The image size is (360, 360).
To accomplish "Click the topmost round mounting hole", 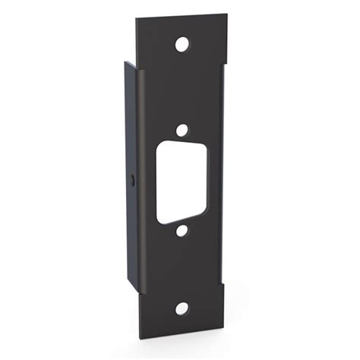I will pyautogui.click(x=181, y=44).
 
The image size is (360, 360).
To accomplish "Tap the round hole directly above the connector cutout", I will pyautogui.click(x=182, y=130).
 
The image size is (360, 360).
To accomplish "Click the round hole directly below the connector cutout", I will pyautogui.click(x=182, y=230).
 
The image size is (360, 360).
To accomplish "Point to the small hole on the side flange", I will pyautogui.click(x=133, y=180).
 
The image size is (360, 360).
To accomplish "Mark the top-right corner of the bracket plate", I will pyautogui.click(x=226, y=13).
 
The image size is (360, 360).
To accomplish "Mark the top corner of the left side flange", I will pyautogui.click(x=125, y=62).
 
